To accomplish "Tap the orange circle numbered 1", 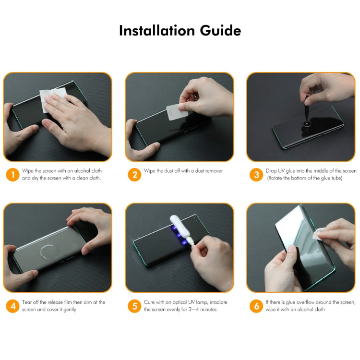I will (12, 175).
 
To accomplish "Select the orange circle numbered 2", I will (134, 175).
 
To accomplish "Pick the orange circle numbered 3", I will (256, 175).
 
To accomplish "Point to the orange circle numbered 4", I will (12, 306).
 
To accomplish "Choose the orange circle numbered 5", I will (134, 306).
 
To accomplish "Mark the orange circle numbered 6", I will (256, 306).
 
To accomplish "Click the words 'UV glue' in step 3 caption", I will (285, 171).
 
